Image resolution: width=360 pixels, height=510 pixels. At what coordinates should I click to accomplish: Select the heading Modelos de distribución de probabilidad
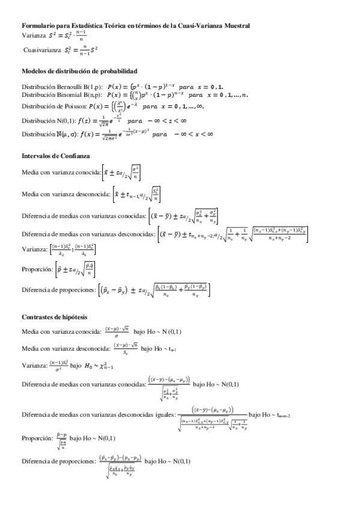click(79, 71)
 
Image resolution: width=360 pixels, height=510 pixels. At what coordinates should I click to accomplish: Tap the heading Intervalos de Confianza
click(55, 156)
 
